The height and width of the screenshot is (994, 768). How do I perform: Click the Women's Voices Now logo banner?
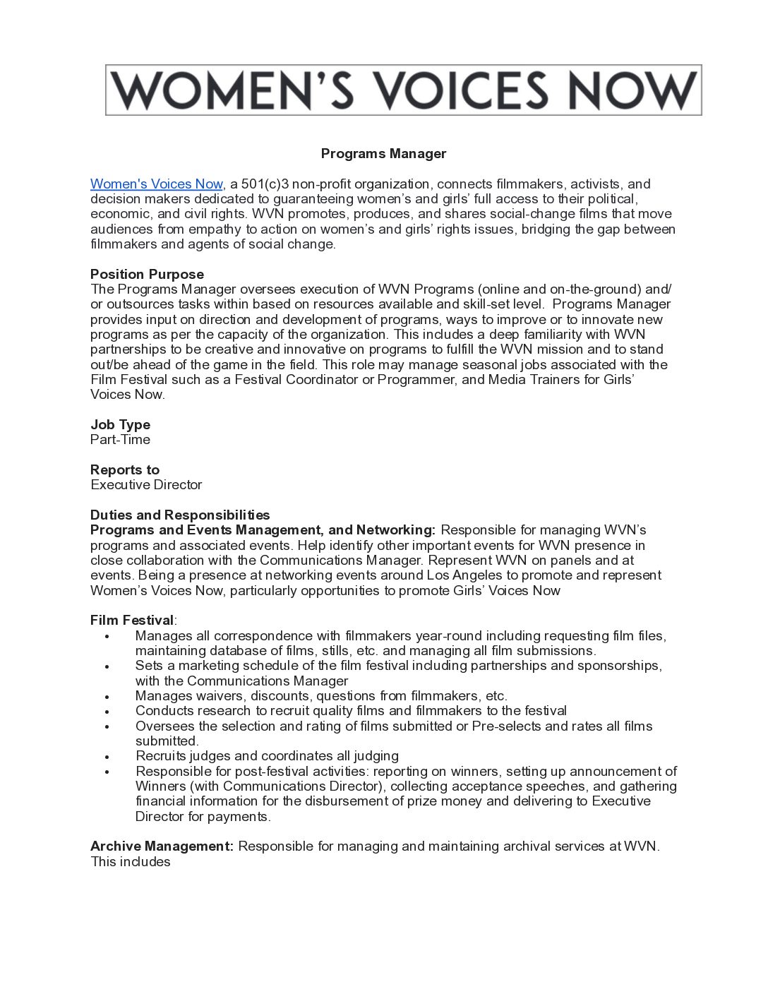coord(403,90)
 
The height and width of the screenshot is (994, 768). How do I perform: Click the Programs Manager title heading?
coord(383,154)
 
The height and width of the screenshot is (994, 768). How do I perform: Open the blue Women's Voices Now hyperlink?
coord(156,184)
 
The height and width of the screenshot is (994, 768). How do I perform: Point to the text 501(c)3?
coord(265,184)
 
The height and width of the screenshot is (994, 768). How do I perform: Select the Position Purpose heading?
coord(147,275)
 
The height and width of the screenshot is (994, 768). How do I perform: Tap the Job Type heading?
coord(120,425)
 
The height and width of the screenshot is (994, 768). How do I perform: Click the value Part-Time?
coord(120,440)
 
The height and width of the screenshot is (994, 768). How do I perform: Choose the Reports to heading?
coord(125,470)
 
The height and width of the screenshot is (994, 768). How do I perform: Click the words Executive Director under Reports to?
coord(146,485)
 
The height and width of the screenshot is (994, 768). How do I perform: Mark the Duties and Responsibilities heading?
coord(180,515)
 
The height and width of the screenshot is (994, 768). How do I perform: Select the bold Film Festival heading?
coord(132,621)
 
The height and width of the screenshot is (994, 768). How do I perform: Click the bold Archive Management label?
coord(162,846)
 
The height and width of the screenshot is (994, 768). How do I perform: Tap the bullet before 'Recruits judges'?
coord(107,757)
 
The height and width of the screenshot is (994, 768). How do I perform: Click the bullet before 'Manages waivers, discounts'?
coord(107,697)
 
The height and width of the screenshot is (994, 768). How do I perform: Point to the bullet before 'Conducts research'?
coord(107,712)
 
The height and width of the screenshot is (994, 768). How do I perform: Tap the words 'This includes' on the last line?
coord(131,862)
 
